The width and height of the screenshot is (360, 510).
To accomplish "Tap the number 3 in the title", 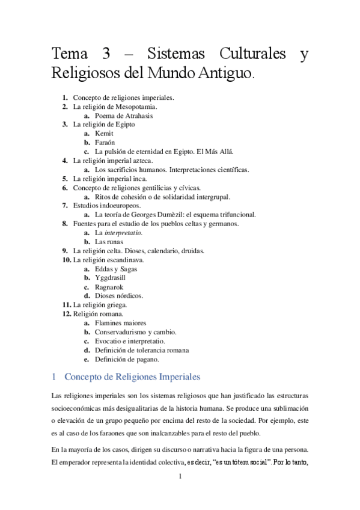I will coord(106,55).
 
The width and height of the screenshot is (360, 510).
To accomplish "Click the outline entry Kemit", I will coord(104,134).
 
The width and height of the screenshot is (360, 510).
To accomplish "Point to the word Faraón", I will coord(105,143).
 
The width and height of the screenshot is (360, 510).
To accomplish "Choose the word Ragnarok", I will coord(111,287).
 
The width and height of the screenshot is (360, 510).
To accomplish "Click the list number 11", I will coord(66,305).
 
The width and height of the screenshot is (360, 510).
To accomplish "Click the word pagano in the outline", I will coord(145,359).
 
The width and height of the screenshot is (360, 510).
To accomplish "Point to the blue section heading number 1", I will coord(54,377).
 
